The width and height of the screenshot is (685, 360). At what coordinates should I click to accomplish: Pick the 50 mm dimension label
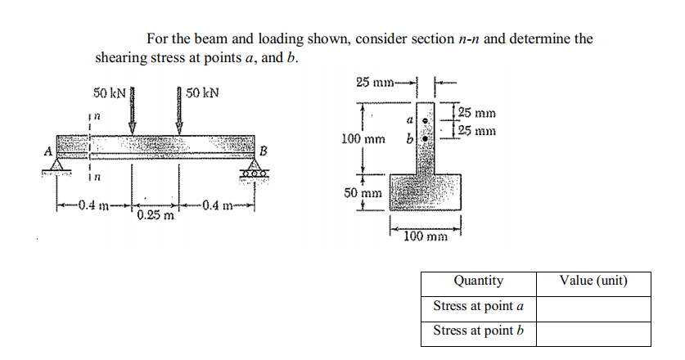point(361,194)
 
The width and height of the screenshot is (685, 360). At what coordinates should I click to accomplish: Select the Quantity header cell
point(479,281)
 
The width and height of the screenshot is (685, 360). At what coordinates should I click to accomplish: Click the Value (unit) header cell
point(593,281)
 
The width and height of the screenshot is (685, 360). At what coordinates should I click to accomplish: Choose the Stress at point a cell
point(479,307)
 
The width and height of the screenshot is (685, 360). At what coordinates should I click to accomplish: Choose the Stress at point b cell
point(479,331)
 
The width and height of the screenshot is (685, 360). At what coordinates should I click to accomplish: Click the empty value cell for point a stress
point(593,308)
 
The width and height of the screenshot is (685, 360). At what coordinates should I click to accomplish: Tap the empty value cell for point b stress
point(593,332)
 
